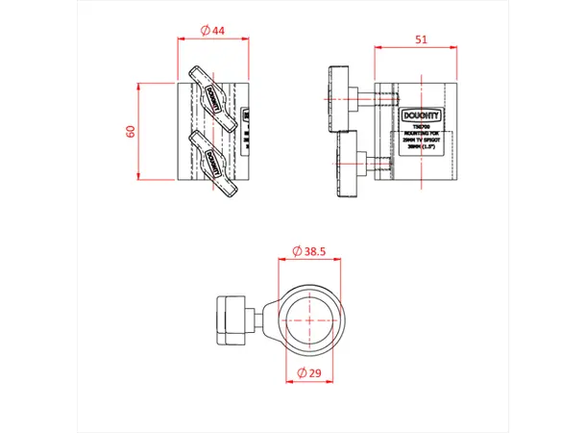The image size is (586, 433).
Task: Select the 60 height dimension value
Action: point(132,131)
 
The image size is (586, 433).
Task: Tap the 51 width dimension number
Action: point(420,39)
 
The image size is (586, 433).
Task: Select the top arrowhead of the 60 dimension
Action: point(140,86)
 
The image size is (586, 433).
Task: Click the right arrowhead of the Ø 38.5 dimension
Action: point(339,258)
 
